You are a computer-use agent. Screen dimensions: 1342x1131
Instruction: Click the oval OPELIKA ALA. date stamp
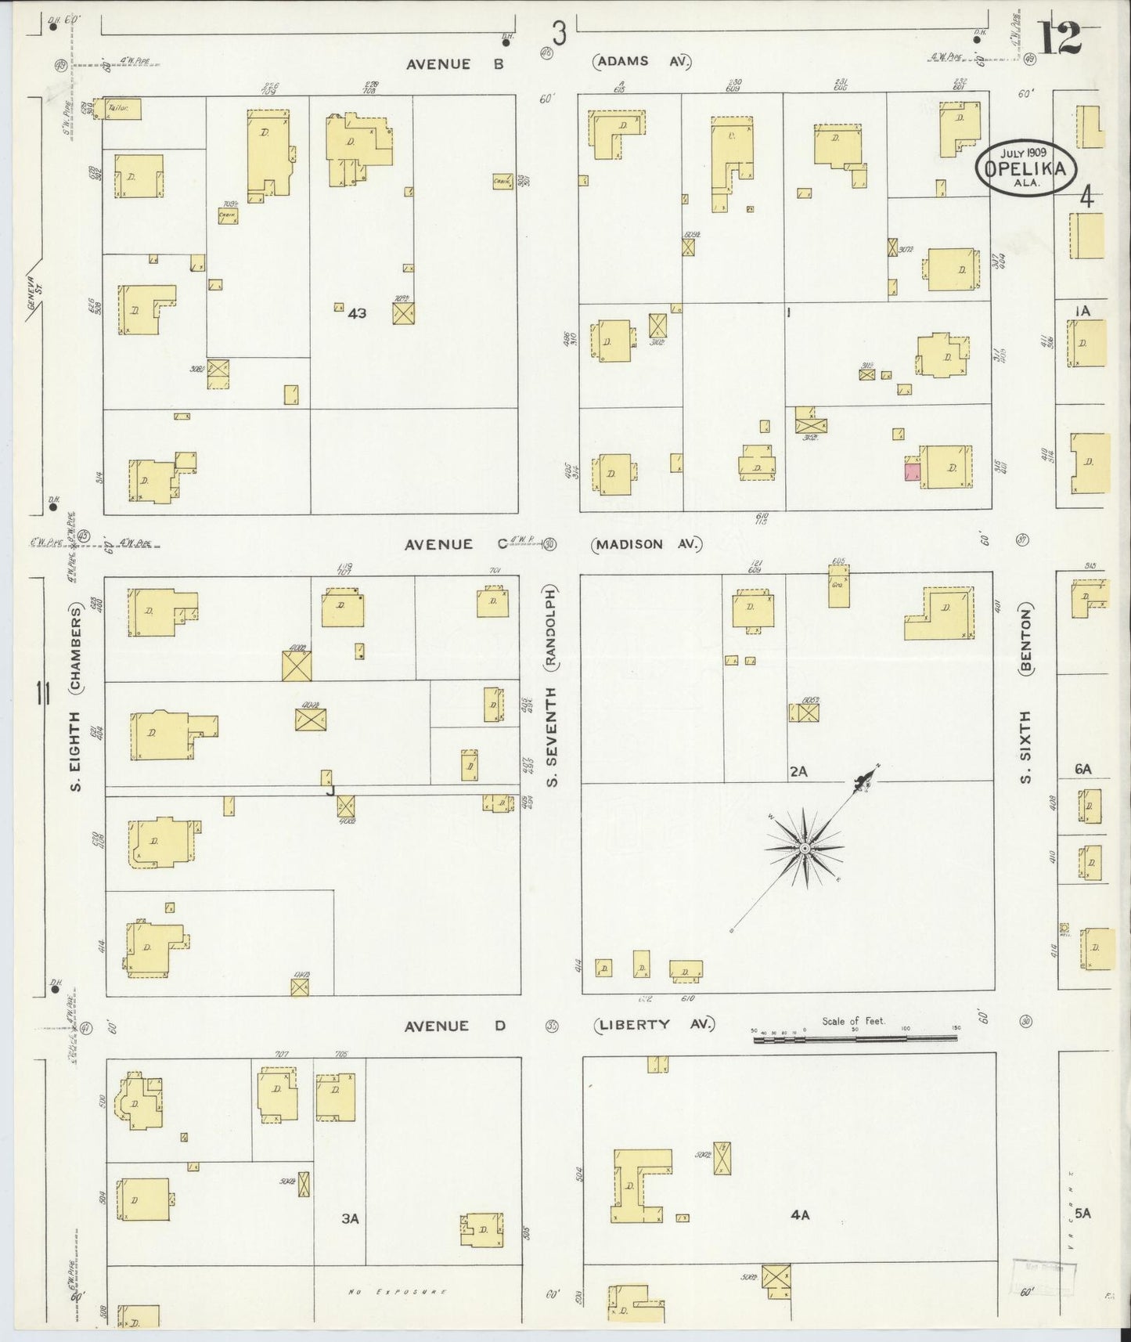click(x=1025, y=166)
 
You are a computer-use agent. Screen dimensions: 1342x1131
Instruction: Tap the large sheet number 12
click(x=1060, y=38)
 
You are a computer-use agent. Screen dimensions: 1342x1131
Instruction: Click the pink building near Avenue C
click(x=912, y=472)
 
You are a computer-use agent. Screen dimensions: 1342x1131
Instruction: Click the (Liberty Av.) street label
click(x=654, y=1024)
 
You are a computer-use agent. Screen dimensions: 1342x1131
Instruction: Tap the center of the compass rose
click(x=805, y=849)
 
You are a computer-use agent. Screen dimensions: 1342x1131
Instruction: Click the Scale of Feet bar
click(x=855, y=1038)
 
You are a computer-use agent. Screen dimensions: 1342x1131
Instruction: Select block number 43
click(x=357, y=313)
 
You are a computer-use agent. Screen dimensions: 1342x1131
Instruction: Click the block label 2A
click(x=798, y=771)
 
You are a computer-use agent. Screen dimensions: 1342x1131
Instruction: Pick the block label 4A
click(x=799, y=1216)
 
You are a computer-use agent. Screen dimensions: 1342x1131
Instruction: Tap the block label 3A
click(x=350, y=1218)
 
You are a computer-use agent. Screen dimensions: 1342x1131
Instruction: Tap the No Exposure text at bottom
click(x=397, y=1292)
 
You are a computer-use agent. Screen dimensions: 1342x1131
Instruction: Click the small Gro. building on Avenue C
click(x=838, y=589)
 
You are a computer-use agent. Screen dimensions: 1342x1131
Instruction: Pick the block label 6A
click(x=1082, y=770)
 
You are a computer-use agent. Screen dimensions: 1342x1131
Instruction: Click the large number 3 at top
click(x=558, y=33)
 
